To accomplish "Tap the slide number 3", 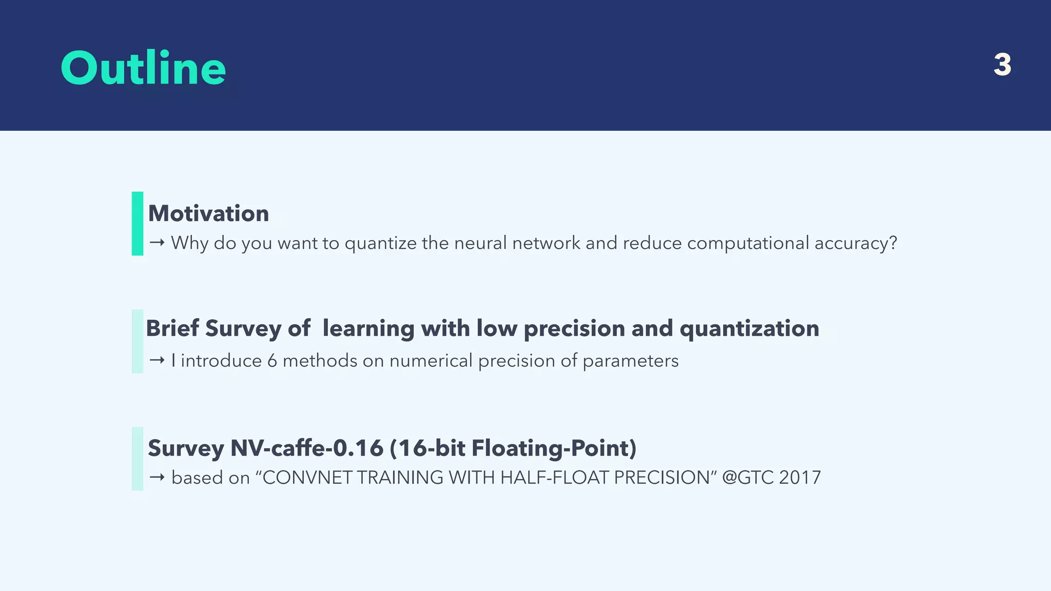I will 1002,65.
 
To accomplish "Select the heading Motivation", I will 208,213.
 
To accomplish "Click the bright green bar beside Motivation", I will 138,224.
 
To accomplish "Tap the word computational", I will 748,243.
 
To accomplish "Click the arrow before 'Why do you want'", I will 157,243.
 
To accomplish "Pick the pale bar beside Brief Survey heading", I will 138,341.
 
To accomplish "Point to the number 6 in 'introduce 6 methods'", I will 272,361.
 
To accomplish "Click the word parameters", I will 630,361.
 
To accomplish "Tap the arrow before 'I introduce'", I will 157,361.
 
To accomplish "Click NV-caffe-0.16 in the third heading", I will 306,448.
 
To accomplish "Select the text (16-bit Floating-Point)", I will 513,448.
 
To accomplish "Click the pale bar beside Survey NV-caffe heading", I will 138,459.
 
